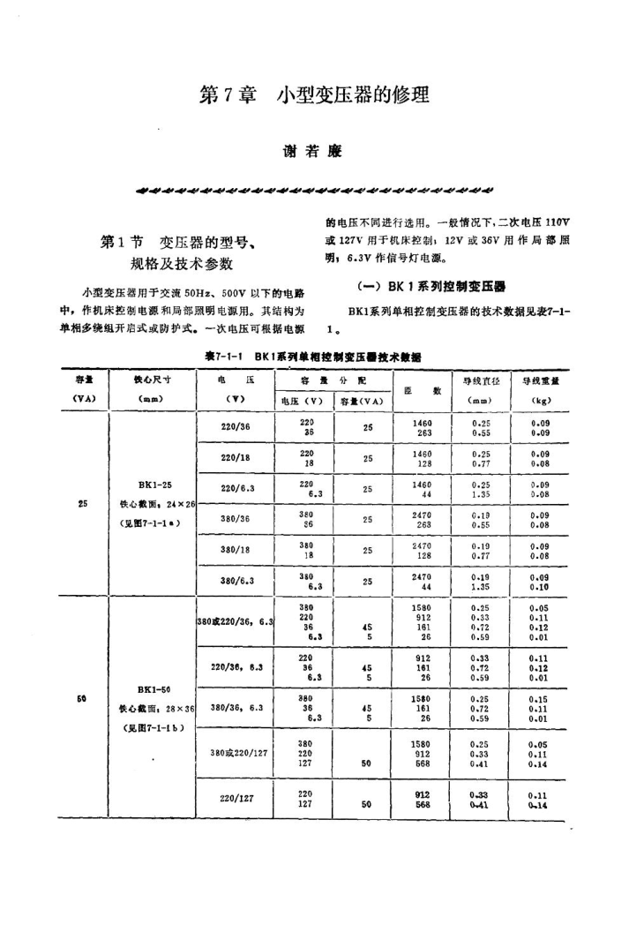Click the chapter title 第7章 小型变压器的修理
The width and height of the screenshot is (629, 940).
click(x=314, y=94)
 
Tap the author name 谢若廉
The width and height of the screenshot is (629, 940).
click(x=315, y=151)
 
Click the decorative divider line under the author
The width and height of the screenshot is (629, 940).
click(x=315, y=188)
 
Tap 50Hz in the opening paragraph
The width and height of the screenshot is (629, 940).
click(x=214, y=292)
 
